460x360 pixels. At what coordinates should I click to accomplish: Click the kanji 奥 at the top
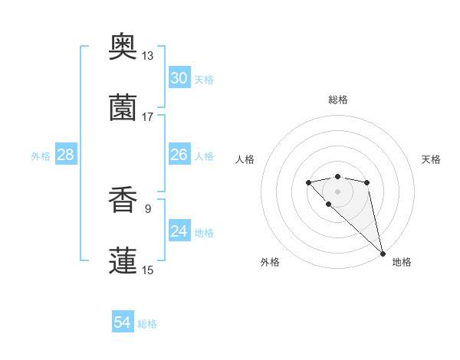[x=123, y=47]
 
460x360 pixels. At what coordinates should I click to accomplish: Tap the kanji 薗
[x=123, y=108]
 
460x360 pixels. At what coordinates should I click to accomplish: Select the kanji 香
[x=123, y=200]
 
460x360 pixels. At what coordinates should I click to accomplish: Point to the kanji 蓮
[x=123, y=260]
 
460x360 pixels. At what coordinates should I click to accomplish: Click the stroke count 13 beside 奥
[x=148, y=55]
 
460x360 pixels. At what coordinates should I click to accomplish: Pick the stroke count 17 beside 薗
[x=148, y=116]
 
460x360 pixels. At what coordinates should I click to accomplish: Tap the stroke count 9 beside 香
[x=147, y=208]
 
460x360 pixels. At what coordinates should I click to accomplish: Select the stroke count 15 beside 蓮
[x=148, y=270]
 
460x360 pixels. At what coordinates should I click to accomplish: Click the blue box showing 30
[x=179, y=78]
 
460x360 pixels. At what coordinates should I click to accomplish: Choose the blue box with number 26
[x=179, y=155]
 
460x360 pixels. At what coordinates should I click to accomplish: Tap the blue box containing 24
[x=179, y=231]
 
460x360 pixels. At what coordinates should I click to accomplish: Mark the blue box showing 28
[x=66, y=155]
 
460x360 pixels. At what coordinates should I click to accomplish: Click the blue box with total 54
[x=123, y=322]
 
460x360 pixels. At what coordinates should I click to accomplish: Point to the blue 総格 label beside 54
[x=147, y=324]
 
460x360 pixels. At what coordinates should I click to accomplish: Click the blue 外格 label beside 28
[x=41, y=156]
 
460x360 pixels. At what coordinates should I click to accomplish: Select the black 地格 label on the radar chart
[x=402, y=262]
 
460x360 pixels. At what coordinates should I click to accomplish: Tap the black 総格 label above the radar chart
[x=337, y=100]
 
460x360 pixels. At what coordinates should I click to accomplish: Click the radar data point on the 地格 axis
[x=383, y=254]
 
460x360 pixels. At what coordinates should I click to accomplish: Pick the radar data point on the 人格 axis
[x=308, y=182]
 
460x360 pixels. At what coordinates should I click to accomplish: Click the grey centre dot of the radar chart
[x=337, y=191]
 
